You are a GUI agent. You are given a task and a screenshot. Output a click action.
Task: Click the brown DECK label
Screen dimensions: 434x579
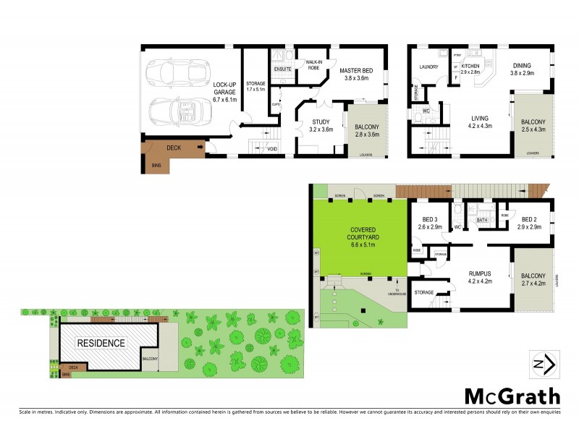pyautogui.click(x=174, y=148)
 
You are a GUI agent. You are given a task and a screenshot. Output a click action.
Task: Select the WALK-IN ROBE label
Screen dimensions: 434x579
pyautogui.click(x=313, y=64)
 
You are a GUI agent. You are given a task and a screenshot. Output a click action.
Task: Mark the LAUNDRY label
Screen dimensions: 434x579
pyautogui.click(x=428, y=68)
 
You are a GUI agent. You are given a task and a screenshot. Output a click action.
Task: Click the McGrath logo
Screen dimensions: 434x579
pyautogui.click(x=511, y=396)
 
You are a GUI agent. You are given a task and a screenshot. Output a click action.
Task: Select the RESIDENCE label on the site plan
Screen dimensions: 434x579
pyautogui.click(x=101, y=344)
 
